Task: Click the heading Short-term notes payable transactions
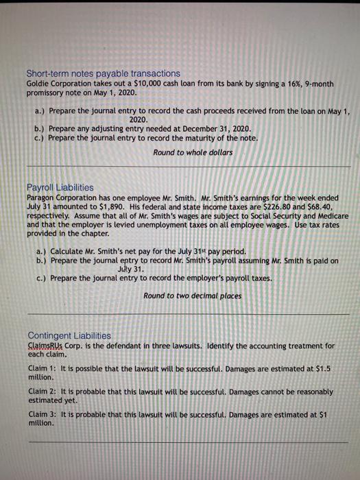103,73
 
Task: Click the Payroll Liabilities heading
60,187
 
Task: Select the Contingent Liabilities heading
69,335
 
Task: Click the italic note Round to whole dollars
193,152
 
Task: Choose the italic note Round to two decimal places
193,296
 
